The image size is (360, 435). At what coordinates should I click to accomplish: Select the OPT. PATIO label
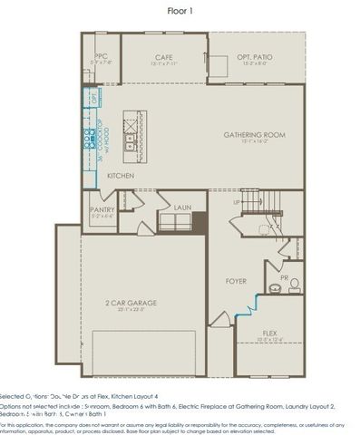click(254, 57)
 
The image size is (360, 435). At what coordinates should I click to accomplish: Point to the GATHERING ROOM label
click(254, 134)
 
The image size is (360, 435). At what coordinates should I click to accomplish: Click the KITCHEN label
click(122, 174)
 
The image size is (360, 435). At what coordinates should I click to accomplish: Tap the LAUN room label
click(182, 207)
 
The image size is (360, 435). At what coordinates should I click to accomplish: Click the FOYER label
click(236, 281)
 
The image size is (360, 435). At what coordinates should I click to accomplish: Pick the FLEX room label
click(269, 333)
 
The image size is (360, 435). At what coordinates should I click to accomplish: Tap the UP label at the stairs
click(238, 202)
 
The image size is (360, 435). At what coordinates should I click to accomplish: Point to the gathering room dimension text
click(254, 141)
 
